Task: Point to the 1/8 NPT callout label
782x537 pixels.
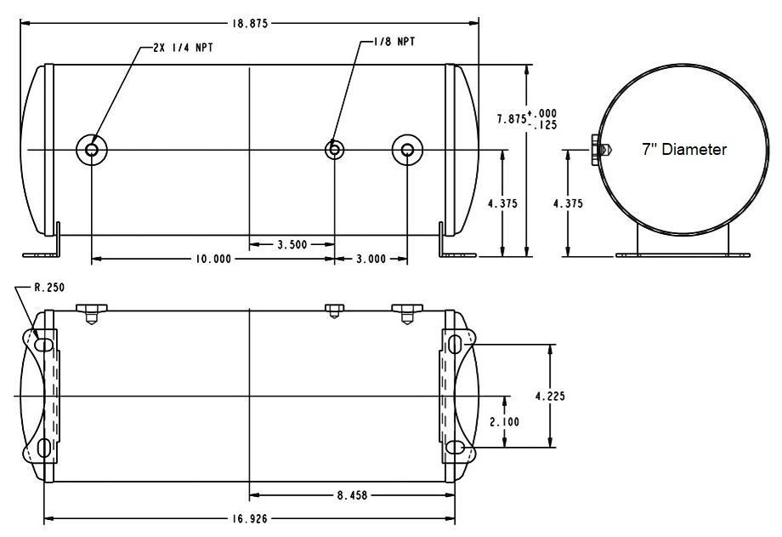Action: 397,41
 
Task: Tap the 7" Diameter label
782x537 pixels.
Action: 684,150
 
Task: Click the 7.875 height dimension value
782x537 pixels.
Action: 512,119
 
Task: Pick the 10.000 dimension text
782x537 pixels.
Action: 212,259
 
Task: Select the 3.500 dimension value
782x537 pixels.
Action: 292,244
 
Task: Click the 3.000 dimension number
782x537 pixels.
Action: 371,259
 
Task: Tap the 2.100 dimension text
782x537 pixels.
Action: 504,421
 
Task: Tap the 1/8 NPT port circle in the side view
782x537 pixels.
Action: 335,150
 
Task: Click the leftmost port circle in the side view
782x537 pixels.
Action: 91,150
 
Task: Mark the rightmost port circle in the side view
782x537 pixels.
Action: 407,150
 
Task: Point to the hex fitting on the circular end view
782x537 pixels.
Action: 598,150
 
